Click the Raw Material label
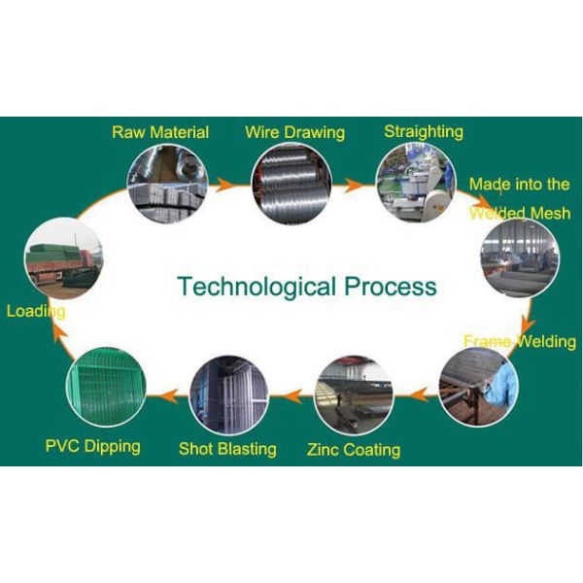(160, 132)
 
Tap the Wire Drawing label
(294, 132)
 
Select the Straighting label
(424, 131)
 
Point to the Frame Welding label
(520, 341)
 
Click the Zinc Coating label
(354, 450)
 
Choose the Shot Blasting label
(227, 449)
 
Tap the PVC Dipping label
(92, 446)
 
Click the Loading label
(36, 312)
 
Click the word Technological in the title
(254, 287)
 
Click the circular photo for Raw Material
(167, 182)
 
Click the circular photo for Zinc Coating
(354, 394)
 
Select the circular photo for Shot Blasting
(228, 394)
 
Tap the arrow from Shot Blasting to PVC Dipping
(166, 394)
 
